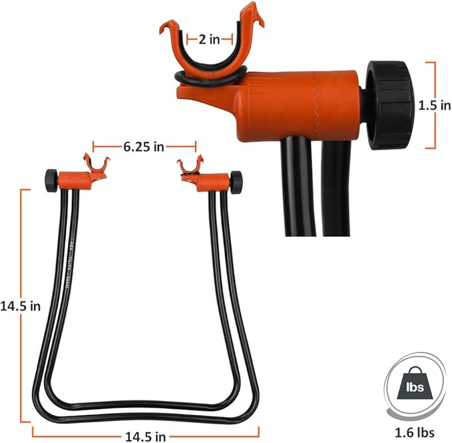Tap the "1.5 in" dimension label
pos(433,105)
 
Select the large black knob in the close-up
pos(389,104)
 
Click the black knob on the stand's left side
pos(51,178)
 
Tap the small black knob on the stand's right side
pos(236,180)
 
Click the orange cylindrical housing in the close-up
pos(300,105)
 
